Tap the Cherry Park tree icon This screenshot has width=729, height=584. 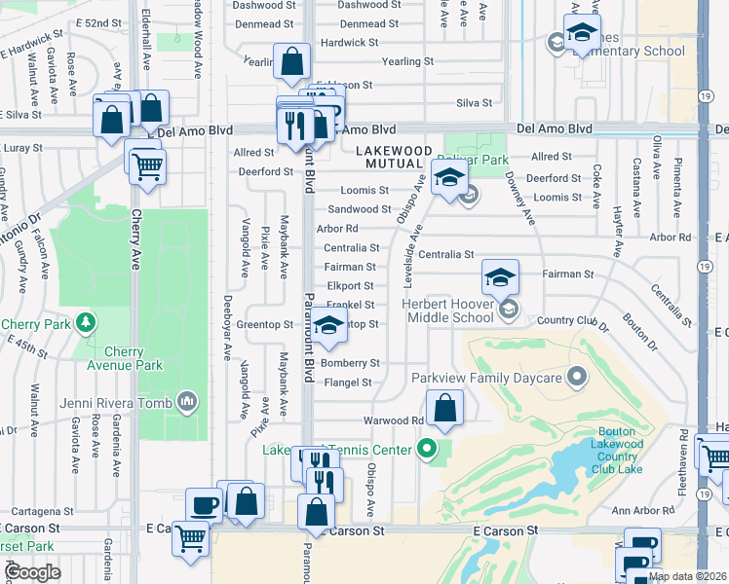tap(87, 322)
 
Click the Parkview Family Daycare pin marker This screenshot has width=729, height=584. tap(578, 376)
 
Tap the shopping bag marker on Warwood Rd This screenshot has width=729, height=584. tap(444, 409)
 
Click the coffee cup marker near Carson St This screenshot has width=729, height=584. tap(205, 505)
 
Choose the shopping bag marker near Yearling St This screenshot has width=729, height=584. tap(291, 63)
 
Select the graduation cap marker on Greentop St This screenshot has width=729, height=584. tap(329, 329)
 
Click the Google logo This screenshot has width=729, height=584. tap(32, 571)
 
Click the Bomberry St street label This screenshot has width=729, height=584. tap(350, 363)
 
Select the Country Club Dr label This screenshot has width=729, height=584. tap(572, 320)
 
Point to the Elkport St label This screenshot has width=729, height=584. tap(351, 286)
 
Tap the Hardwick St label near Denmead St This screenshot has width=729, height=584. tap(349, 43)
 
